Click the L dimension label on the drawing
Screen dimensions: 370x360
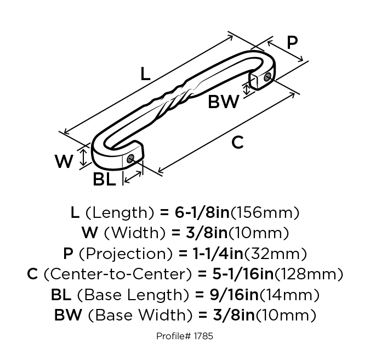pyautogui.click(x=145, y=74)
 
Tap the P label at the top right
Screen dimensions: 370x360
pyautogui.click(x=292, y=42)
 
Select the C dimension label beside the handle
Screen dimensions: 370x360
pyautogui.click(x=237, y=143)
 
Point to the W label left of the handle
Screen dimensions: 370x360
pyautogui.click(x=64, y=161)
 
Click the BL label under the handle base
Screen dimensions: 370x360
pyautogui.click(x=105, y=179)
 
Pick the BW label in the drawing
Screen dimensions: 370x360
pyautogui.click(x=224, y=102)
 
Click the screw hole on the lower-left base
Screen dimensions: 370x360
pyautogui.click(x=130, y=158)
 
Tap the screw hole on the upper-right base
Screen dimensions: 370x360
pyautogui.click(x=267, y=76)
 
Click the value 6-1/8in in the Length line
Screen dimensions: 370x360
pyautogui.click(x=202, y=212)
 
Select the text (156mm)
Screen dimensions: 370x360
pyautogui.click(x=265, y=212)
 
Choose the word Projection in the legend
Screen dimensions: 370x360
pyautogui.click(x=126, y=254)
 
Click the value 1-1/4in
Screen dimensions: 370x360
pyautogui.click(x=218, y=254)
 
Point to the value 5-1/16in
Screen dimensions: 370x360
pyautogui.click(x=243, y=274)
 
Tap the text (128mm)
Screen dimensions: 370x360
pyautogui.click(x=309, y=274)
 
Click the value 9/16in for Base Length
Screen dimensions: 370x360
pyautogui.click(x=234, y=295)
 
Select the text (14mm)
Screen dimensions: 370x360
pyautogui.click(x=289, y=295)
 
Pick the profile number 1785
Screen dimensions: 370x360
pyautogui.click(x=203, y=336)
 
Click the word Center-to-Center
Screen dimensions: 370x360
pyautogui.click(x=117, y=274)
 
